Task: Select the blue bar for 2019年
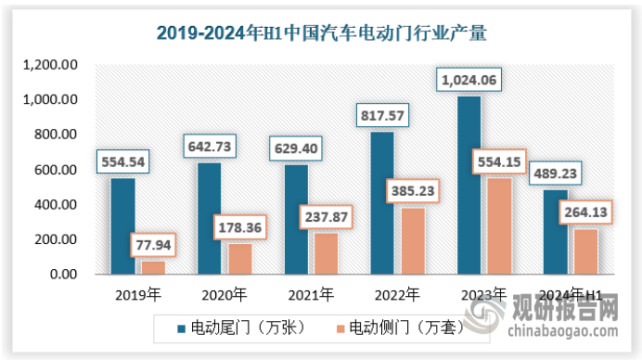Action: [x=122, y=225]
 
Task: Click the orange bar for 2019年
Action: [x=152, y=267]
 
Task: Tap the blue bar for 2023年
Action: [x=469, y=185]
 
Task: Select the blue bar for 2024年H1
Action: [x=556, y=232]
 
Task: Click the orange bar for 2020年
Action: [x=239, y=259]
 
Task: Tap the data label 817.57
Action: [x=382, y=116]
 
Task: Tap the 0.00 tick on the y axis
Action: [x=62, y=275]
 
